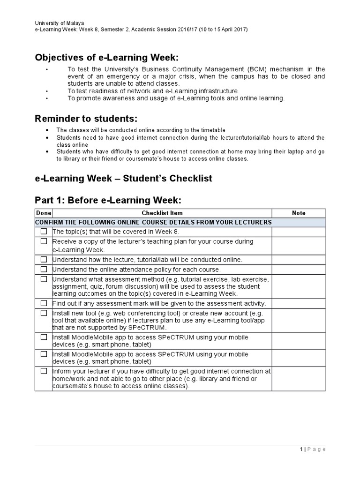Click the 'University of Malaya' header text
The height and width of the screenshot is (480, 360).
pos(60,22)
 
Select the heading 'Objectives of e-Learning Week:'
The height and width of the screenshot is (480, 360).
pos(107,58)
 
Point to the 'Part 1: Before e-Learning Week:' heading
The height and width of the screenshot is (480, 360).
pos(108,200)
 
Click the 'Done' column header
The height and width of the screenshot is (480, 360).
pos(44,213)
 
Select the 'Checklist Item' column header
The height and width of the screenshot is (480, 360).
pos(162,213)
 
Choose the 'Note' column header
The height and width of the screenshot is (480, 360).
pos(299,213)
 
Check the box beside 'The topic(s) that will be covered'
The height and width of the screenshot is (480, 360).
pos(44,232)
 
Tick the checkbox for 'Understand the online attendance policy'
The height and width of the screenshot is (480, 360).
pos(44,269)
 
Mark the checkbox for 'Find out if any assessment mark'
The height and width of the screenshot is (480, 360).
pos(44,303)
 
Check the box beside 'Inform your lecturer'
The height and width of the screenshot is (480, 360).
pos(44,371)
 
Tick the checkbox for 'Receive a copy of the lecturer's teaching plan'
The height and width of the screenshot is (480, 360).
pos(44,241)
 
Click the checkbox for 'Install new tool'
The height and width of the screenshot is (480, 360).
pos(44,313)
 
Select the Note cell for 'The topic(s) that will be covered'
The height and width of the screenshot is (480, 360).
pos(299,232)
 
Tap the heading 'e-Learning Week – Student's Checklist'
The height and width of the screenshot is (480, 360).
pos(124,179)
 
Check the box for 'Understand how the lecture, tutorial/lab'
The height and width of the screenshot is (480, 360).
pos(44,259)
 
